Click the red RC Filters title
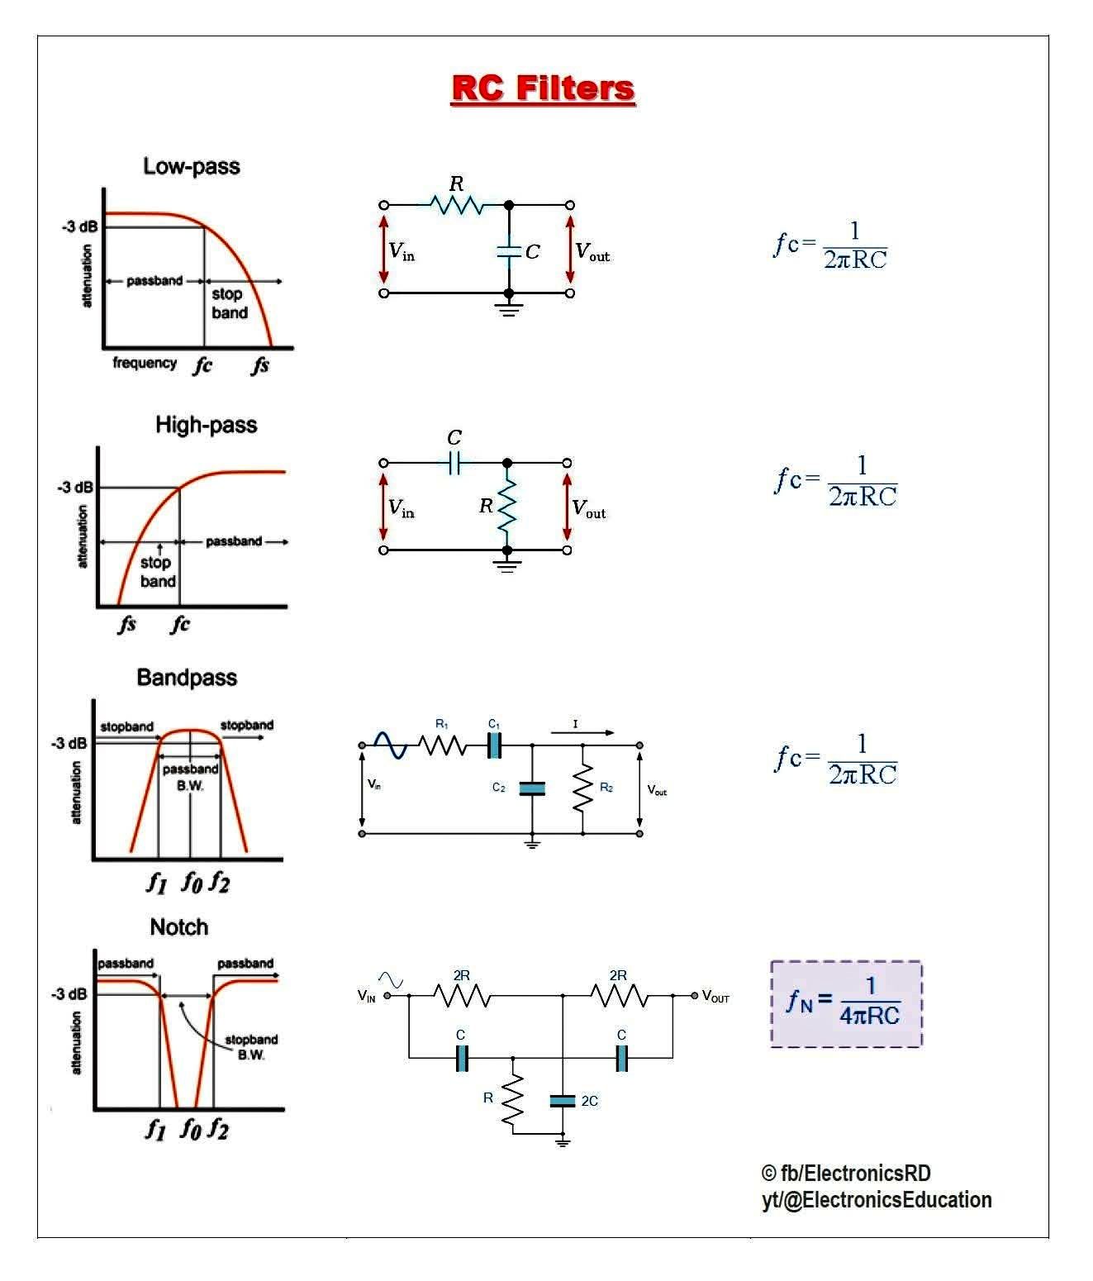click(543, 88)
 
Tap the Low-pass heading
click(192, 166)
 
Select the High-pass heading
click(206, 425)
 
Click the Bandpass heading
click(187, 678)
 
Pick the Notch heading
click(178, 927)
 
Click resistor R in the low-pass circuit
click(456, 203)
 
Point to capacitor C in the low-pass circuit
click(509, 250)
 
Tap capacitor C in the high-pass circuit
click(454, 463)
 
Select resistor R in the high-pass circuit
click(506, 505)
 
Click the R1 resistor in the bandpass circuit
click(442, 745)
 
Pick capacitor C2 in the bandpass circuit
click(532, 788)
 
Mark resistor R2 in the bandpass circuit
click(583, 788)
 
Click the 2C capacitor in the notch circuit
click(563, 1100)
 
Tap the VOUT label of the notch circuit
click(716, 997)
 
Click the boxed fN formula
click(846, 1003)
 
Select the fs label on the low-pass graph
click(260, 364)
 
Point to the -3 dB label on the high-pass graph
click(75, 488)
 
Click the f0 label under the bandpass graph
click(191, 883)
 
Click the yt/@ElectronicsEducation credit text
click(877, 1200)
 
